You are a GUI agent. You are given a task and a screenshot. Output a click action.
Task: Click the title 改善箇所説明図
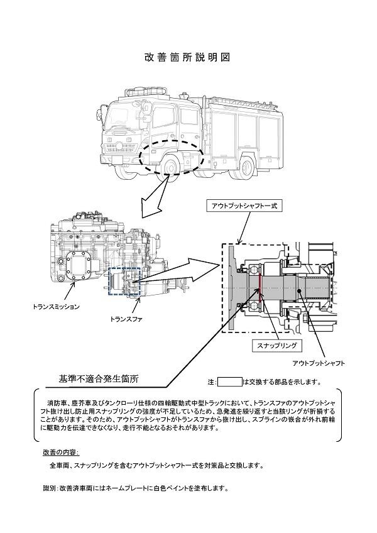(x=188, y=57)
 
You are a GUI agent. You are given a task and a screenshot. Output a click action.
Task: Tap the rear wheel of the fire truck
(x=245, y=165)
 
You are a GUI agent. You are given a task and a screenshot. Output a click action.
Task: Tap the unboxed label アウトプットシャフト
(x=319, y=363)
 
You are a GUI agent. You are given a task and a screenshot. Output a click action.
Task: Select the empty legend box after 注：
(x=229, y=382)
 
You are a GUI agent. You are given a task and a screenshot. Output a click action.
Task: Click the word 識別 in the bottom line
(x=49, y=488)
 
